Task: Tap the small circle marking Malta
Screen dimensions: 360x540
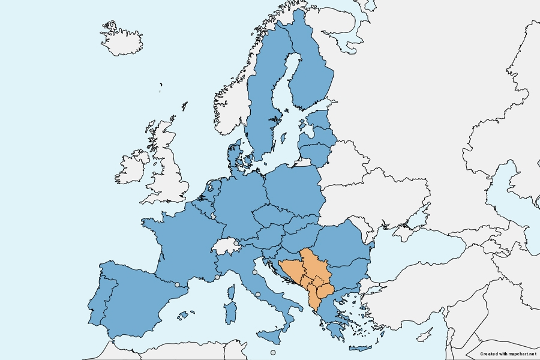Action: [273, 352]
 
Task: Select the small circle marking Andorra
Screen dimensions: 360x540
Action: [177, 284]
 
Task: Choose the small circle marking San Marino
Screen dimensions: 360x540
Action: [255, 272]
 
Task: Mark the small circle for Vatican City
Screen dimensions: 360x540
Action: [257, 294]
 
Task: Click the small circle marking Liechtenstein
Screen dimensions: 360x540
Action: [236, 243]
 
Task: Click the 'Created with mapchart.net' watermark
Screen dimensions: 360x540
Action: [508, 354]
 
